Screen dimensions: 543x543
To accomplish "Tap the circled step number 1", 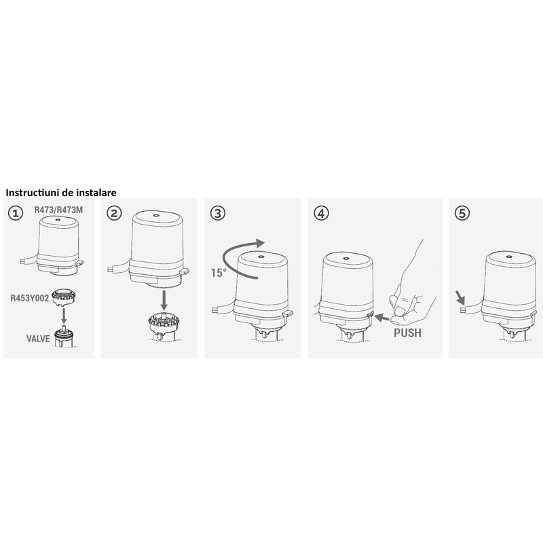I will point(14,212).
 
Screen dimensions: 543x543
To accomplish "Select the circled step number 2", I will point(114,212).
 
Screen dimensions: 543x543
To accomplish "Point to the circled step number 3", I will point(217,212).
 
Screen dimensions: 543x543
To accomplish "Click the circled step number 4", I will point(321,212).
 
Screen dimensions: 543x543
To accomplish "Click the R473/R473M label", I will point(58,210).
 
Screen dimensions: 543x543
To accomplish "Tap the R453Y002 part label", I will point(28,297).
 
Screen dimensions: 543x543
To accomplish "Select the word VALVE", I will point(38,338).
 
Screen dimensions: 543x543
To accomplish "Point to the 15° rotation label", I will point(218,273).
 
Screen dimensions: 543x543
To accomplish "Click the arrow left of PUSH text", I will point(383,318).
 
